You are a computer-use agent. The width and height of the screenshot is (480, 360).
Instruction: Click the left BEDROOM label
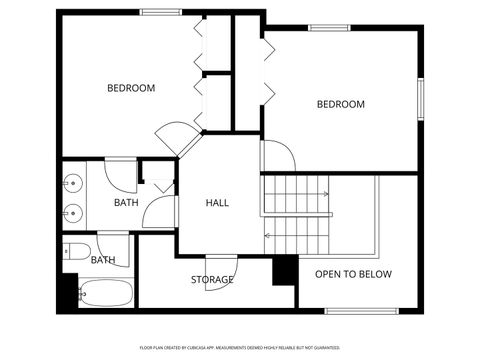tap(131, 88)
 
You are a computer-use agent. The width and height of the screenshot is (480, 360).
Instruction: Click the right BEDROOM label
tap(341, 104)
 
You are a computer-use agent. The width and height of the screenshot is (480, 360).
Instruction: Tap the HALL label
tap(217, 203)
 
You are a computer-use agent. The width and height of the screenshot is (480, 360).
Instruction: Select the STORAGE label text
tap(212, 279)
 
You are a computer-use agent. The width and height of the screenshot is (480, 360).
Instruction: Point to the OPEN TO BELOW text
tap(353, 274)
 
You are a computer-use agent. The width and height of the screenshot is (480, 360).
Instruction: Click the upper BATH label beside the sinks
tap(126, 203)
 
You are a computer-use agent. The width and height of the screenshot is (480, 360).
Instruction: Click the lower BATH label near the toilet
tap(103, 260)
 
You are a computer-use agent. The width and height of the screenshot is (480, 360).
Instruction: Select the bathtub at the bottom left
tap(105, 294)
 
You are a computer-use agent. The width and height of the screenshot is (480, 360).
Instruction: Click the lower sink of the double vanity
tap(71, 212)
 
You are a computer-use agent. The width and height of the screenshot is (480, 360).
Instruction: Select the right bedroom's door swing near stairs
tap(277, 155)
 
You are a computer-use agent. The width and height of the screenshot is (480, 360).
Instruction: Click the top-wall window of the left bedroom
tap(159, 12)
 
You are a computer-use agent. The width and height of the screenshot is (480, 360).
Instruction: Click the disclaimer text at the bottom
tap(240, 347)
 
